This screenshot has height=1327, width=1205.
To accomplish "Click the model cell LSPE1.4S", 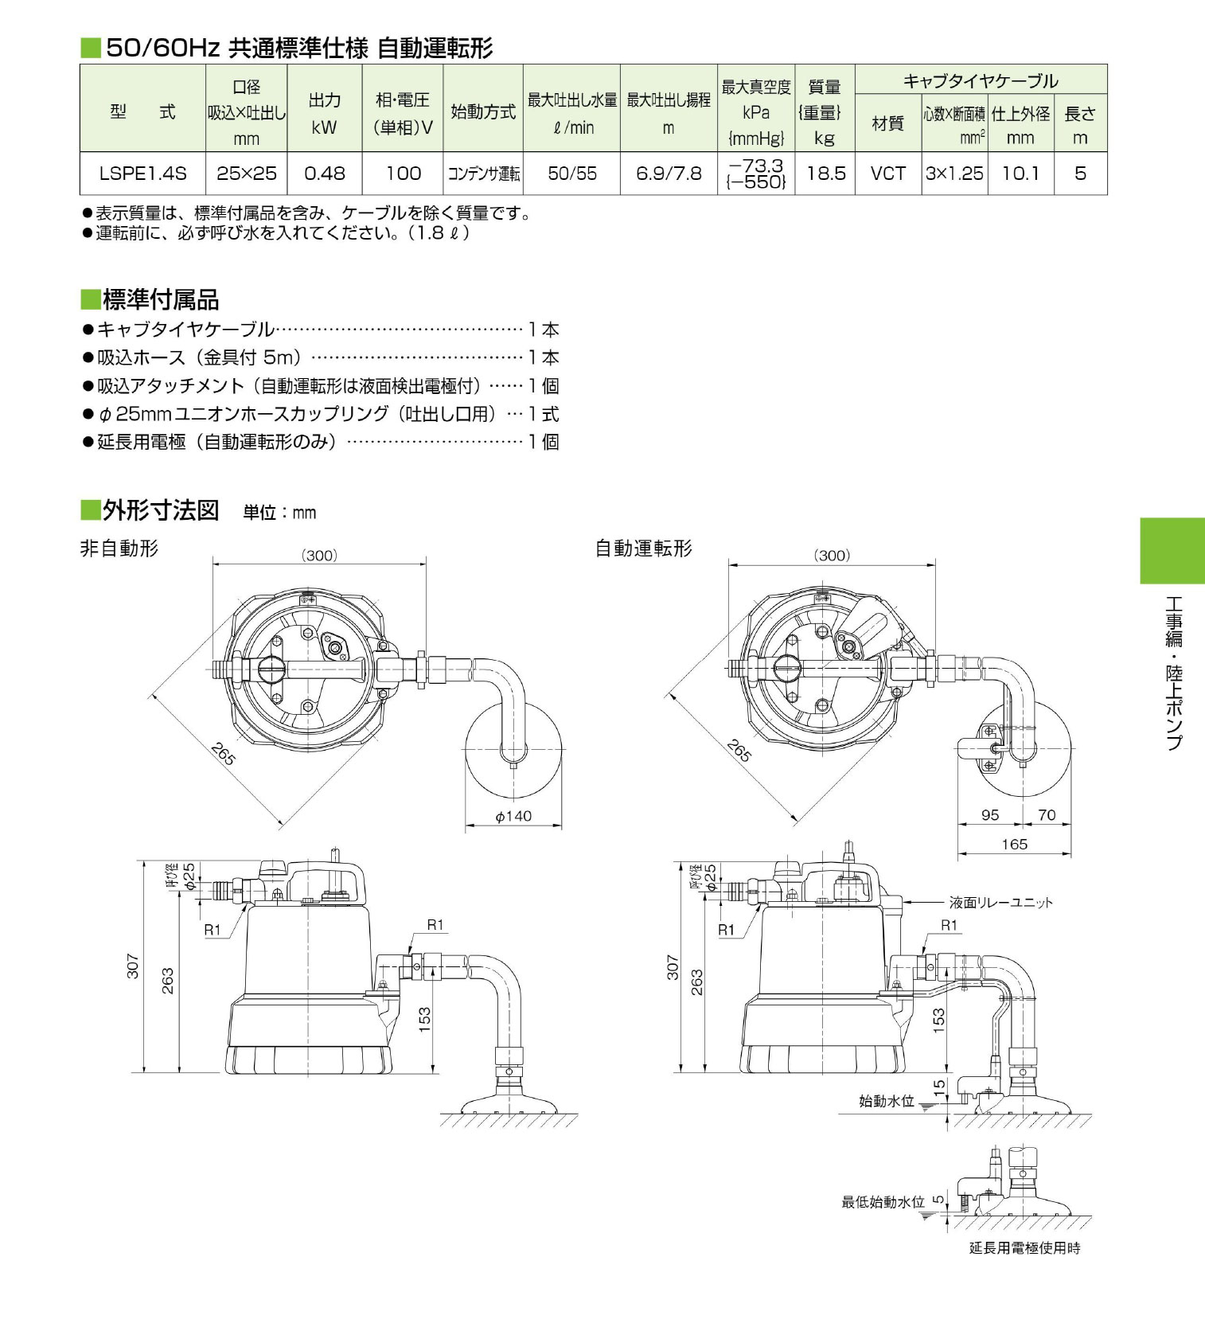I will [x=142, y=174].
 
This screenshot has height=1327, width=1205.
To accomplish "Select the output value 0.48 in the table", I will [x=325, y=174].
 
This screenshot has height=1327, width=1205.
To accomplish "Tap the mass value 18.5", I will [x=825, y=174].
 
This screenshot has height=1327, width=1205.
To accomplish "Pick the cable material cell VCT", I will [x=887, y=174].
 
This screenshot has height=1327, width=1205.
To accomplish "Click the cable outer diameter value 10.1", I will [x=1020, y=174].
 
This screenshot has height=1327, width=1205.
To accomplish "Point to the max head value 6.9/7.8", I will [x=669, y=174].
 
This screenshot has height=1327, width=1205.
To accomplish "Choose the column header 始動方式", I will [x=483, y=112].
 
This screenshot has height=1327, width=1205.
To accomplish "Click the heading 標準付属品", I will [x=160, y=300].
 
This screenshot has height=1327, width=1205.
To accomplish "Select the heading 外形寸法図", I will [x=160, y=510].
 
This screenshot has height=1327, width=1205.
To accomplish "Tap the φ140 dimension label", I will [x=513, y=816].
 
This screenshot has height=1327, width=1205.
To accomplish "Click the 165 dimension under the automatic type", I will [x=1015, y=844].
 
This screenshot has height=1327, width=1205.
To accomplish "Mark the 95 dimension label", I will [x=990, y=815].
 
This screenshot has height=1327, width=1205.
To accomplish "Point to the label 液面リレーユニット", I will [x=1000, y=903].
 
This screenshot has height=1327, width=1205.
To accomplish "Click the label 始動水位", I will [x=887, y=1101].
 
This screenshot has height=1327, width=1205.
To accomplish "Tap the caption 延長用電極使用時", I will [x=1024, y=1248].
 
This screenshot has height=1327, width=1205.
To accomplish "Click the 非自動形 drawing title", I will [x=119, y=548].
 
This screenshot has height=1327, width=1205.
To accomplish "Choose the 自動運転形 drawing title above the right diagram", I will [x=644, y=548].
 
